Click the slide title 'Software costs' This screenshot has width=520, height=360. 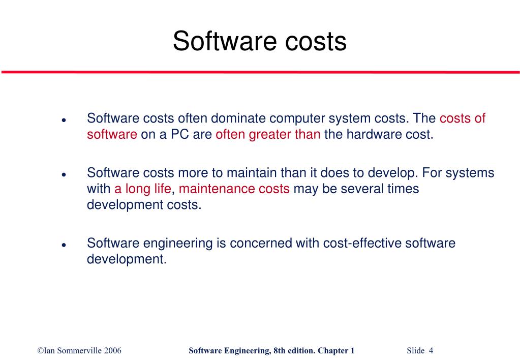tap(259, 41)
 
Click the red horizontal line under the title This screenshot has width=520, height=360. tap(260, 72)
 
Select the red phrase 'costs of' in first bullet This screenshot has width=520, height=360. tap(462, 118)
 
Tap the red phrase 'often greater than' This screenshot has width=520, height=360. tap(268, 135)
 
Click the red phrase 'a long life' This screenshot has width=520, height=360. tap(142, 189)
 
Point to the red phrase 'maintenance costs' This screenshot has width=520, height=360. tap(234, 189)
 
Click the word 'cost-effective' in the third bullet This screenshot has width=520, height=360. tap(362, 243)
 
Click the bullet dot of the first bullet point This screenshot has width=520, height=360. tap(64, 121)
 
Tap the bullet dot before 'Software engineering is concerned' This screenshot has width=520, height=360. tap(64, 245)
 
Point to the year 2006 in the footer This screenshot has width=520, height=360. tap(112, 350)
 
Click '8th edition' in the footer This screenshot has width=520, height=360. tap(293, 350)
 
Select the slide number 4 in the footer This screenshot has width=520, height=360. tap(431, 350)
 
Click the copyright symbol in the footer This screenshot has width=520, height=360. tap(40, 350)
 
